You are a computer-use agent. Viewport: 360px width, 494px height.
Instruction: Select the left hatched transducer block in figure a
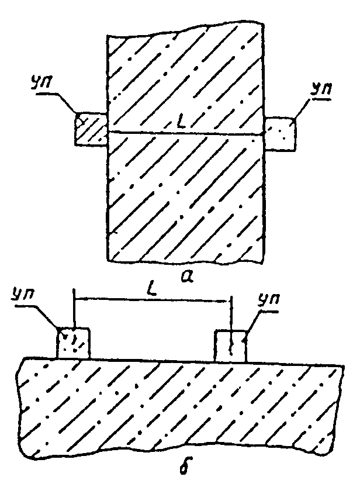(x=91, y=129)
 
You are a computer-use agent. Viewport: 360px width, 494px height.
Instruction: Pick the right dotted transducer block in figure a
(x=281, y=133)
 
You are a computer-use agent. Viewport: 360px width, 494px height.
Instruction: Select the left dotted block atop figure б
(x=74, y=343)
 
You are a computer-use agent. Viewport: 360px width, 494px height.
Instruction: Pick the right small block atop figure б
(x=230, y=346)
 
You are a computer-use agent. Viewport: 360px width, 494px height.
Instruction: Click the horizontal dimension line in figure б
(x=153, y=299)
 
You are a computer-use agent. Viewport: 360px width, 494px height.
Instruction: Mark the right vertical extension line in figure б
(x=231, y=324)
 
